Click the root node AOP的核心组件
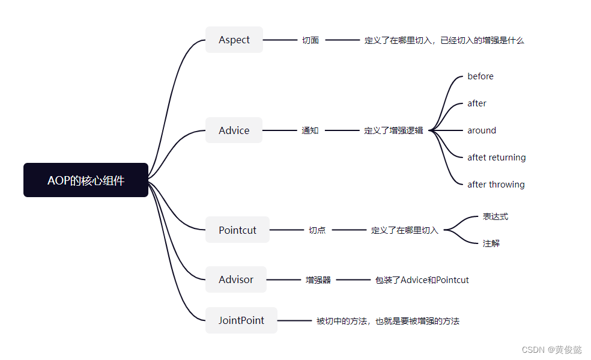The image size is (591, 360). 86,180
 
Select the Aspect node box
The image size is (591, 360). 234,40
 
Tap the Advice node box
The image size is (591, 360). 234,130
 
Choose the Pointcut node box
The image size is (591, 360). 237,230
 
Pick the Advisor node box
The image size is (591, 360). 236,279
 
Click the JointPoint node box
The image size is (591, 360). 241,320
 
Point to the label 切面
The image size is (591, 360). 311,40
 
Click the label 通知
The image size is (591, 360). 310,130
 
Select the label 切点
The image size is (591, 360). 317,230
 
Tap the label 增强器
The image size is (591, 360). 318,280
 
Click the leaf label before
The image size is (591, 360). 480,76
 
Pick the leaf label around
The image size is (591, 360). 482,130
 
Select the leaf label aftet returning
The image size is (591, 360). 497,157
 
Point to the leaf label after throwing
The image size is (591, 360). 496,185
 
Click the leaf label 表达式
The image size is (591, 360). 496,216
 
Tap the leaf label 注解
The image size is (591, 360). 491,243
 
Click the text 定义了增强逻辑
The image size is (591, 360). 393,130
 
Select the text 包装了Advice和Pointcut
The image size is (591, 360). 422,280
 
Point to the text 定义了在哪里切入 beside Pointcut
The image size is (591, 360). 405,230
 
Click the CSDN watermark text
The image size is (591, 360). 552,350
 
